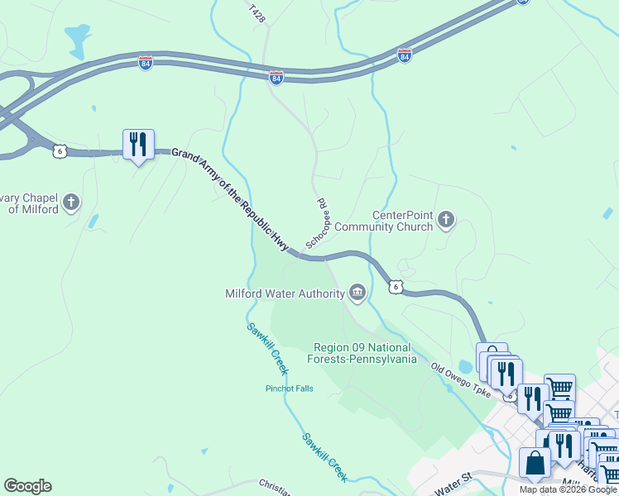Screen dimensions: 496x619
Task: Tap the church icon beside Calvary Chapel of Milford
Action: pyautogui.click(x=72, y=202)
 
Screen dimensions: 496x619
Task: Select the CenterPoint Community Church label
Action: pyautogui.click(x=402, y=221)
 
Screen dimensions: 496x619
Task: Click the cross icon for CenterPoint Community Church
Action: pyautogui.click(x=447, y=220)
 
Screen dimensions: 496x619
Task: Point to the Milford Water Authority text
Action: pyautogui.click(x=285, y=293)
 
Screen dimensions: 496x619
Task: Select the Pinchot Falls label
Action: pyautogui.click(x=289, y=389)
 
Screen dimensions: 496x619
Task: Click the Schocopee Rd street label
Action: pyautogui.click(x=318, y=223)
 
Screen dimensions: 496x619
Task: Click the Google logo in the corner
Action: pyautogui.click(x=27, y=486)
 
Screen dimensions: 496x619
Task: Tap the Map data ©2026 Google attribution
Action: pyautogui.click(x=568, y=489)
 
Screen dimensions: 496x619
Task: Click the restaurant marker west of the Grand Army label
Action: pyautogui.click(x=137, y=145)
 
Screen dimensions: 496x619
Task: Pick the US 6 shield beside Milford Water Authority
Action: pyautogui.click(x=396, y=287)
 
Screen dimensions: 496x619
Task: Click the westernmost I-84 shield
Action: pyautogui.click(x=146, y=63)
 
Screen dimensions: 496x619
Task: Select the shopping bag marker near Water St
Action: pyautogui.click(x=535, y=463)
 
